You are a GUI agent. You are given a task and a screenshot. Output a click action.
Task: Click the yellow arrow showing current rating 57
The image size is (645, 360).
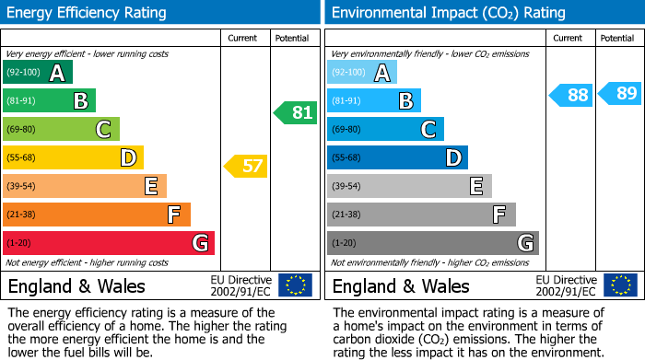pyautogui.click(x=246, y=167)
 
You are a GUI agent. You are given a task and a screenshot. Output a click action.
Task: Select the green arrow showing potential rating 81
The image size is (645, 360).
pyautogui.click(x=295, y=113)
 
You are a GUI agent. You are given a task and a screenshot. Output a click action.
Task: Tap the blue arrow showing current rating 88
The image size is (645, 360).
pyautogui.click(x=571, y=94)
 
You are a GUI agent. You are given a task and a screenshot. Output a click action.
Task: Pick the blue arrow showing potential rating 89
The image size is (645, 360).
pyautogui.click(x=620, y=93)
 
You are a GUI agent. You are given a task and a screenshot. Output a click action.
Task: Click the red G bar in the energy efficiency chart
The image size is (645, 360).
pyautogui.click(x=108, y=243)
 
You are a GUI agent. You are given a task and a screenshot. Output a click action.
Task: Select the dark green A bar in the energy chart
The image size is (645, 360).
pyautogui.click(x=38, y=73)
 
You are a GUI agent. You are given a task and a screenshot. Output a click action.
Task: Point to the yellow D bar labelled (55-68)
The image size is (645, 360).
pyautogui.click(x=73, y=157)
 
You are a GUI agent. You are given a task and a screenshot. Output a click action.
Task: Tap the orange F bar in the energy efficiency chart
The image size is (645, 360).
pyautogui.click(x=97, y=215)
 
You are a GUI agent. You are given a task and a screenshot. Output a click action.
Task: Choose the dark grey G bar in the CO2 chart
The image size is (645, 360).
pyautogui.click(x=432, y=243)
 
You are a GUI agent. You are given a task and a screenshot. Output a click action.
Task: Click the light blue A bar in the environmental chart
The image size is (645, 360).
pyautogui.click(x=362, y=73)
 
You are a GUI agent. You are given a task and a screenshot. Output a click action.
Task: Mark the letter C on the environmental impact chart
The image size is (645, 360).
pyautogui.click(x=428, y=130)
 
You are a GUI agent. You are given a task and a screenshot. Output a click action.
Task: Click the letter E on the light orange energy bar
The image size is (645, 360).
pyautogui.click(x=150, y=187)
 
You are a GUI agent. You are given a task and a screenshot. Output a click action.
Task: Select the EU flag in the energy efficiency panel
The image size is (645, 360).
pyautogui.click(x=295, y=285)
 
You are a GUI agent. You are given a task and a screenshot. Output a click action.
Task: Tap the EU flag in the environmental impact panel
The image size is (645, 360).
pyautogui.click(x=620, y=285)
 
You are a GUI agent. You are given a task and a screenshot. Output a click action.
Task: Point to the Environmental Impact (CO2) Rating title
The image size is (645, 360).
pyautogui.click(x=448, y=13)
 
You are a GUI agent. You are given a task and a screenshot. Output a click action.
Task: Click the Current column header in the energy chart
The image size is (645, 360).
pyautogui.click(x=243, y=38)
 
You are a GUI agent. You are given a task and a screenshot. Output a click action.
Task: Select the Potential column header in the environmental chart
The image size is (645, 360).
pyautogui.click(x=617, y=38)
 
